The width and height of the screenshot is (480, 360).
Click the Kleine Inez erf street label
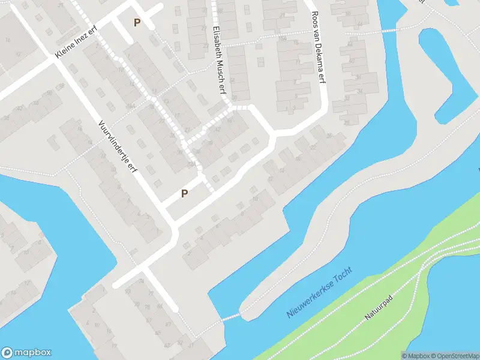click(x=75, y=43)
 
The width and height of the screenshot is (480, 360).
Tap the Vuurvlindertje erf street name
click(x=118, y=146)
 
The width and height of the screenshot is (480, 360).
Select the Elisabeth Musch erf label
click(x=218, y=59)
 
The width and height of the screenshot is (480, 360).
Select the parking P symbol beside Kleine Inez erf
click(x=137, y=23)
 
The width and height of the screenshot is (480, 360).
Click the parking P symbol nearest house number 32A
click(x=185, y=193)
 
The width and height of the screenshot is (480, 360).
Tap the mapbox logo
click(x=26, y=353)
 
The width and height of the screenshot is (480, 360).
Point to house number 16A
click(x=131, y=106)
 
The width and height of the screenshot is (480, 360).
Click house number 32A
click(x=190, y=163)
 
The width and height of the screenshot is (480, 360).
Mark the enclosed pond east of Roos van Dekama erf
click(x=447, y=72)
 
